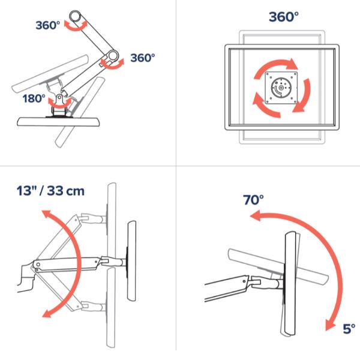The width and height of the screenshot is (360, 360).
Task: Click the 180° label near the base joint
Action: pos(34,98)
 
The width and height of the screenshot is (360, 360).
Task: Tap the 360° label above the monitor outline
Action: pos(284,17)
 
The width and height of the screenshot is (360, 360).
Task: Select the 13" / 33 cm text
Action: pos(50,191)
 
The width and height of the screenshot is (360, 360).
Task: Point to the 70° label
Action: pos(253,200)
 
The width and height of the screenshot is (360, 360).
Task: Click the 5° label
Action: pos(349,329)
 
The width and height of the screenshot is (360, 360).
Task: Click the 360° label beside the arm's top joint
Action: pos(48,25)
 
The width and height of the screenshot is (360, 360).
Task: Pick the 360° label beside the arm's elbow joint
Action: pos(143,58)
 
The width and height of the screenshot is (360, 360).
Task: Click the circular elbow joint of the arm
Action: pos(113,55)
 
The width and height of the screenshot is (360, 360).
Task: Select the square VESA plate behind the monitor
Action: pos(281,88)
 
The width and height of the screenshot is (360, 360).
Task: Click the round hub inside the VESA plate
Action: pos(281,88)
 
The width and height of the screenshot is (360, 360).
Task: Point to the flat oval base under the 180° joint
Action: pos(59,122)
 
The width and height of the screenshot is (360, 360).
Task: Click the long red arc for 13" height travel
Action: pos(78,264)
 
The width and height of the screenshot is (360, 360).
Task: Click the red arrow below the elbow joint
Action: pos(112,67)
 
